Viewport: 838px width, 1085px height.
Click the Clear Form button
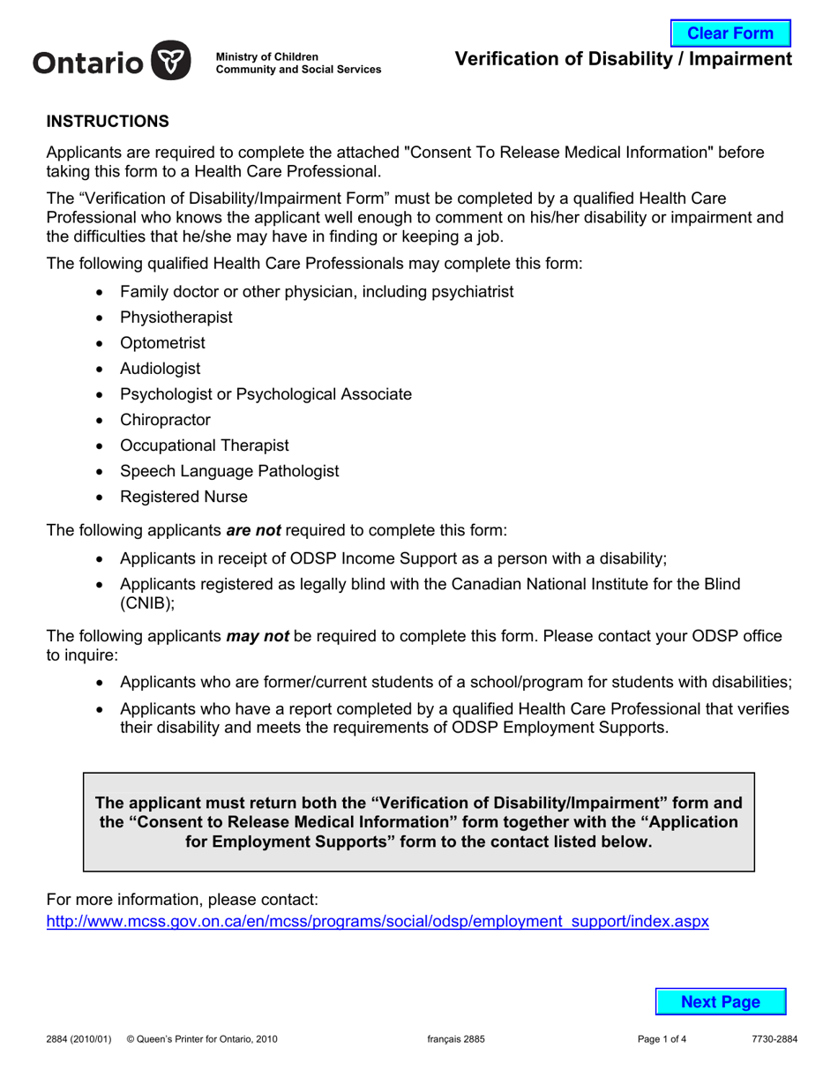point(730,34)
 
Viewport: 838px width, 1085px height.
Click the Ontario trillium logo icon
point(171,62)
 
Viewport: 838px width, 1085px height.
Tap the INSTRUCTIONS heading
point(107,121)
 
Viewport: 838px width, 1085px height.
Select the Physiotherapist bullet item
point(176,317)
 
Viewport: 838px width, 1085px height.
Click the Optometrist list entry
point(162,342)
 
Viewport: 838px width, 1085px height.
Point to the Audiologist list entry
point(160,368)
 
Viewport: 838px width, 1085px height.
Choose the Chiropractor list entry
point(165,420)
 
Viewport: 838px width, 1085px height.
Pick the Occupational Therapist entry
point(204,445)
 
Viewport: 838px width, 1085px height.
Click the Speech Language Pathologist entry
point(229,471)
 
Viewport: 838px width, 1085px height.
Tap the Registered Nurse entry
point(183,497)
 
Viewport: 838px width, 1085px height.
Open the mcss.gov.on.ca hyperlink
point(377,922)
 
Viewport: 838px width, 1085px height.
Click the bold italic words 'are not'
point(253,531)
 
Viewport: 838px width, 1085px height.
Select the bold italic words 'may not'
point(258,635)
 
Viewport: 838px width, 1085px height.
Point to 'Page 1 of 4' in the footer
point(662,1039)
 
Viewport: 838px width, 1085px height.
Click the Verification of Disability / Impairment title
point(623,59)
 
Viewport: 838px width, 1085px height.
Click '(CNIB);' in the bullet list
point(147,603)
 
